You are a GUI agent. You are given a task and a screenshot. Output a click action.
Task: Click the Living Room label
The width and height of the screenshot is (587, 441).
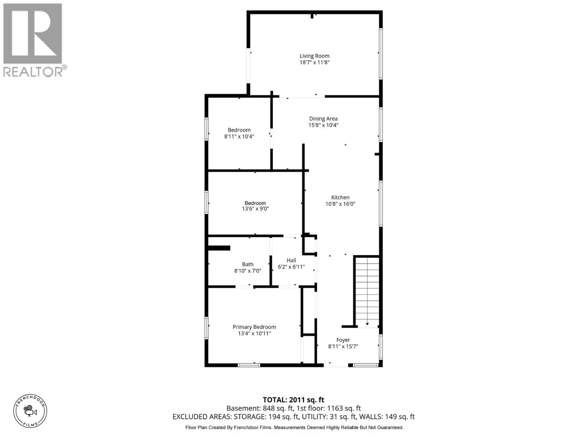pos(314,56)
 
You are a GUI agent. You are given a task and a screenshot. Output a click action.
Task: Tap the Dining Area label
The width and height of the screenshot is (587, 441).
pos(323,119)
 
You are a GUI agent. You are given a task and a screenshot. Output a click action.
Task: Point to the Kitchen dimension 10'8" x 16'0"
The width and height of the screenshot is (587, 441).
pos(340,204)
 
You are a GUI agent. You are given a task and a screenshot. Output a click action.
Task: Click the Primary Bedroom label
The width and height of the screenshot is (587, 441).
pos(254,327)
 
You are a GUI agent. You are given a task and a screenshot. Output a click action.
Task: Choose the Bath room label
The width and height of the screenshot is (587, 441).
pos(248,264)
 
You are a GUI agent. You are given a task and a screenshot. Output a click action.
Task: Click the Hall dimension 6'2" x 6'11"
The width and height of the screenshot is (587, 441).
pos(291,267)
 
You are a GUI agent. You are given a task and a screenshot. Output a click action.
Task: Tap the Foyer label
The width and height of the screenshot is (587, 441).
pos(343,340)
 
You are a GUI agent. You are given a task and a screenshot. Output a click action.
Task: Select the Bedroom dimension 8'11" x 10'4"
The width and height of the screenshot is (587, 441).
pos(239,136)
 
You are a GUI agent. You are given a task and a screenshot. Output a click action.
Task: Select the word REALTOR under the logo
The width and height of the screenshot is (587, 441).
pos(33,72)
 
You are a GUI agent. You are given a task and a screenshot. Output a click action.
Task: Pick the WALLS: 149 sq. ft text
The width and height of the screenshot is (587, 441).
pos(387,417)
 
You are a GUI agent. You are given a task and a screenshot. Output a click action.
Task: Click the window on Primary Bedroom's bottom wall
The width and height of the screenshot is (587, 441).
pos(249,365)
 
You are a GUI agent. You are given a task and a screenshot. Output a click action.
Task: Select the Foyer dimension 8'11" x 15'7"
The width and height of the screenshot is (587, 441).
pos(343,346)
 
